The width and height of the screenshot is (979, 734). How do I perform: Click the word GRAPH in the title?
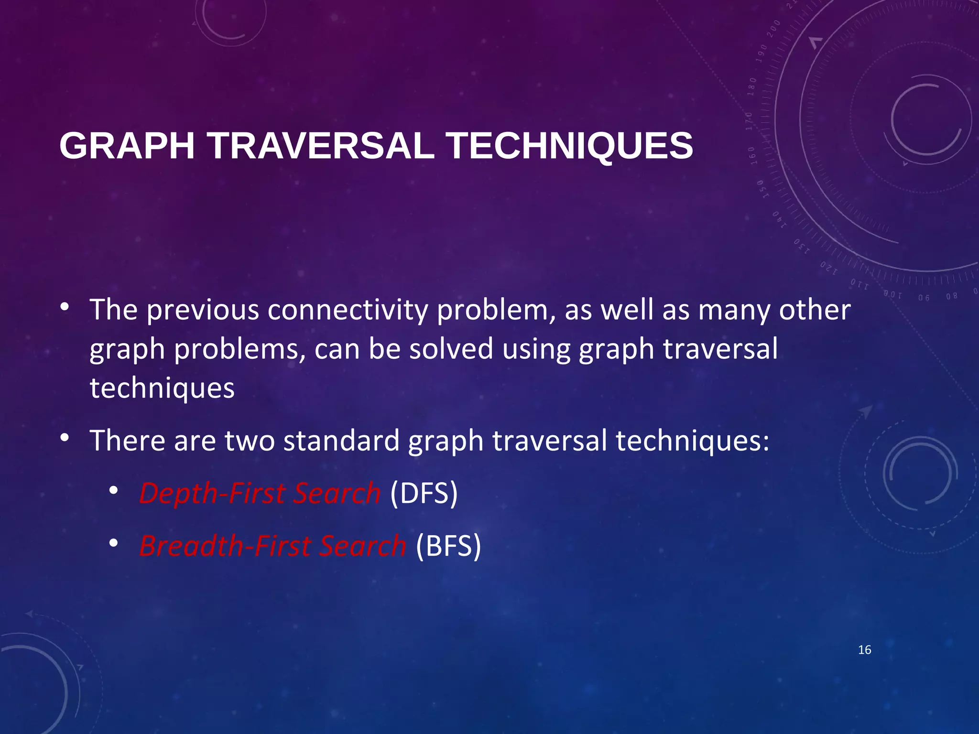pyautogui.click(x=127, y=146)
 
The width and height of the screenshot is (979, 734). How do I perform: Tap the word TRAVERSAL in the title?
pyautogui.click(x=320, y=146)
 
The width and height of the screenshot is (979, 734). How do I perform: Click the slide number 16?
pyautogui.click(x=864, y=650)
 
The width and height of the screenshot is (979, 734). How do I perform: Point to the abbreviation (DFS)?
pyautogui.click(x=424, y=493)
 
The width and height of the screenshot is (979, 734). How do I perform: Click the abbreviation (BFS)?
pyautogui.click(x=448, y=546)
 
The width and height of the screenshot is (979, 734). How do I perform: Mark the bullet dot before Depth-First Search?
pyautogui.click(x=113, y=491)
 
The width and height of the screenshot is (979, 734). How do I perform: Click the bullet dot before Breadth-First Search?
pyautogui.click(x=113, y=543)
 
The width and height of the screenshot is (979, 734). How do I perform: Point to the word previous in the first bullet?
pyautogui.click(x=203, y=311)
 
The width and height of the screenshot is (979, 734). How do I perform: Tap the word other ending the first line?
pyautogui.click(x=815, y=310)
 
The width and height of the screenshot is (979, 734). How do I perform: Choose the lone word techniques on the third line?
pyautogui.click(x=162, y=388)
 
